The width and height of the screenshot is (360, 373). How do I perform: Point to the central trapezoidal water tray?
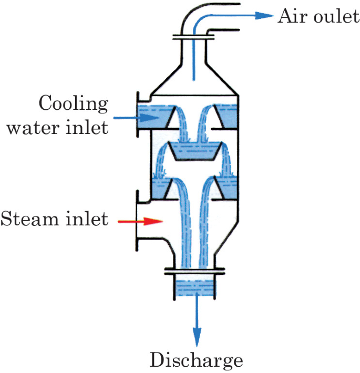point(195,152)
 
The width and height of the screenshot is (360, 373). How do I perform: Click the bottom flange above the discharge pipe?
point(195,272)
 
